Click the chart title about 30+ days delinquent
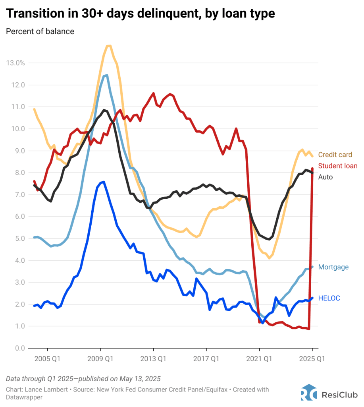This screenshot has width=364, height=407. click(141, 14)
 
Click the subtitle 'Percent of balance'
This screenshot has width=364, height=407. click(40, 31)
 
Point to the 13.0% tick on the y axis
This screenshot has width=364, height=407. click(15, 63)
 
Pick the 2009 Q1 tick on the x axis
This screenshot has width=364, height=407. click(100, 359)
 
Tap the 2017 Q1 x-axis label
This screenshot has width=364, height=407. click(206, 359)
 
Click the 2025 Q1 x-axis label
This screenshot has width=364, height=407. click(312, 359)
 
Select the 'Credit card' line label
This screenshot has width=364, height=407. click(335, 155)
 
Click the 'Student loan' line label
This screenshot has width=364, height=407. click(338, 166)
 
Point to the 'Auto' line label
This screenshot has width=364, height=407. click(325, 177)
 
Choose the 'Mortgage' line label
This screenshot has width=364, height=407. click(333, 267)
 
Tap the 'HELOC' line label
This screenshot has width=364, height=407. click(329, 298)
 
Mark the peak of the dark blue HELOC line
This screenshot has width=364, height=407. click(103, 182)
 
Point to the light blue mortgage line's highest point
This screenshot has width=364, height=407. click(106, 75)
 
